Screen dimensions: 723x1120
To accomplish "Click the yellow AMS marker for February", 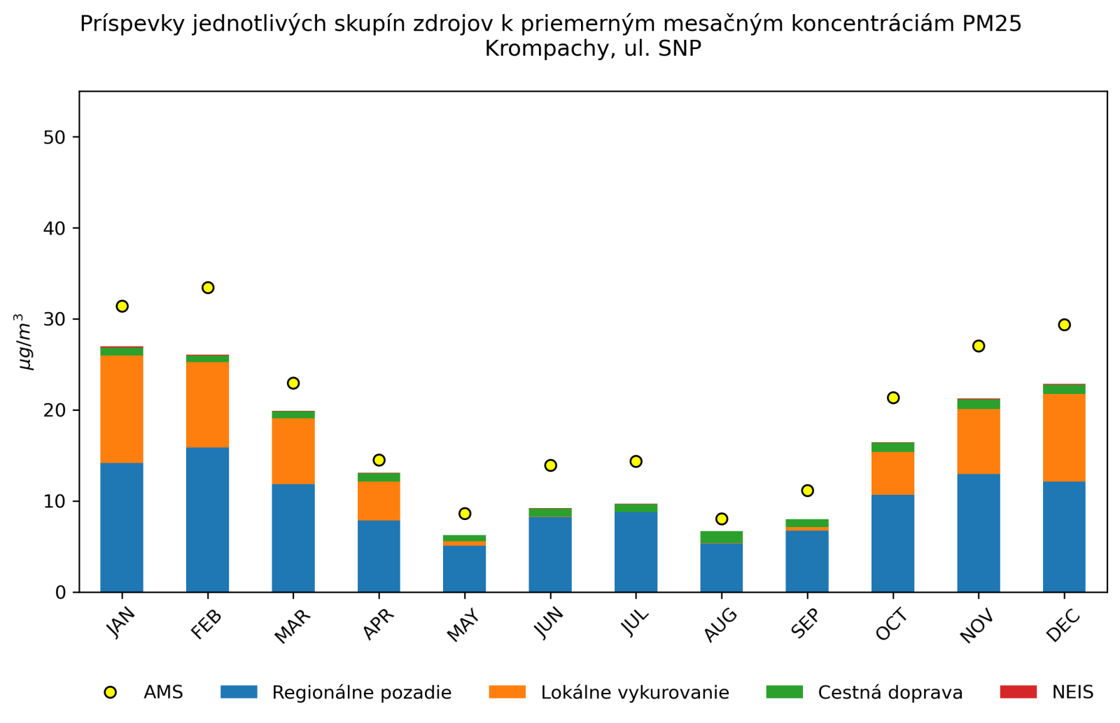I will pyautogui.click(x=208, y=288).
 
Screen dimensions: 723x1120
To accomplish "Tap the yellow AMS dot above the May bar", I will pyautogui.click(x=465, y=514).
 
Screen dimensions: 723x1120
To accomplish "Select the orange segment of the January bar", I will pyautogui.click(x=122, y=409).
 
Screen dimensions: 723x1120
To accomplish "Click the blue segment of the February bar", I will pyautogui.click(x=208, y=519).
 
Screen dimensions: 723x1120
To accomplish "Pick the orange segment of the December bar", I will pyautogui.click(x=1064, y=437).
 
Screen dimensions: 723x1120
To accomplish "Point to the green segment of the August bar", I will pyautogui.click(x=722, y=537).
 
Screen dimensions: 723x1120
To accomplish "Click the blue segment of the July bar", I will pyautogui.click(x=636, y=552).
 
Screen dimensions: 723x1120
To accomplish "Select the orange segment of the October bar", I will pyautogui.click(x=892, y=473).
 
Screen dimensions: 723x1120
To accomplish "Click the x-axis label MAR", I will pyautogui.click(x=291, y=626).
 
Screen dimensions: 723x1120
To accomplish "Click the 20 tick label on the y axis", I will pyautogui.click(x=54, y=410).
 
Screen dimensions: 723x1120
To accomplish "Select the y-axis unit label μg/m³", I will pyautogui.click(x=24, y=342).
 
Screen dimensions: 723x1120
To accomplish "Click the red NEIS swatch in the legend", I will pyautogui.click(x=1018, y=692).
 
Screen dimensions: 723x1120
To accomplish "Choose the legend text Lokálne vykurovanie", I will pyautogui.click(x=635, y=693).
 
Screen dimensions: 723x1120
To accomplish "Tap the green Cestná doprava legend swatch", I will pyautogui.click(x=784, y=692).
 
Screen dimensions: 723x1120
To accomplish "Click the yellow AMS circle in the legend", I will pyautogui.click(x=110, y=692).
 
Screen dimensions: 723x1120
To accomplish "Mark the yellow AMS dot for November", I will pyautogui.click(x=979, y=346).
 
